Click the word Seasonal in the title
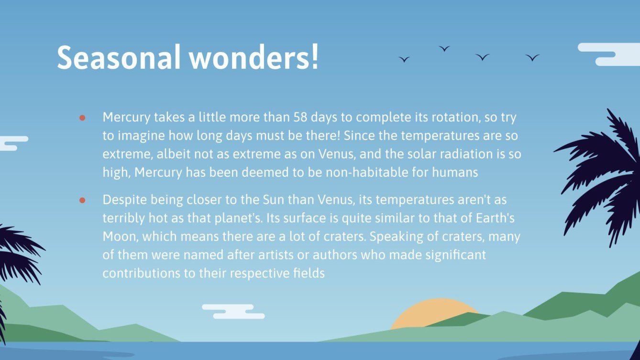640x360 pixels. (x=119, y=57)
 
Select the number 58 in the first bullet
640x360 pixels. (x=300, y=117)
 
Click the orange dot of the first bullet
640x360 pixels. (x=82, y=118)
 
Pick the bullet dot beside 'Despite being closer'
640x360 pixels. (x=82, y=200)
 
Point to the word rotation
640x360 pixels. (x=456, y=118)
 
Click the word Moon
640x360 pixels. (x=121, y=237)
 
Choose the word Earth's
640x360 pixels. (x=495, y=218)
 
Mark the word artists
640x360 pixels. (x=276, y=255)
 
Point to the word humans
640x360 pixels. (x=454, y=173)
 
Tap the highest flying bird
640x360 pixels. (x=444, y=49)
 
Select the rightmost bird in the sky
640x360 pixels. (x=532, y=57)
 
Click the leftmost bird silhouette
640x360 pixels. (x=404, y=59)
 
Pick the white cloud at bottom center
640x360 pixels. (x=233, y=311)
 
